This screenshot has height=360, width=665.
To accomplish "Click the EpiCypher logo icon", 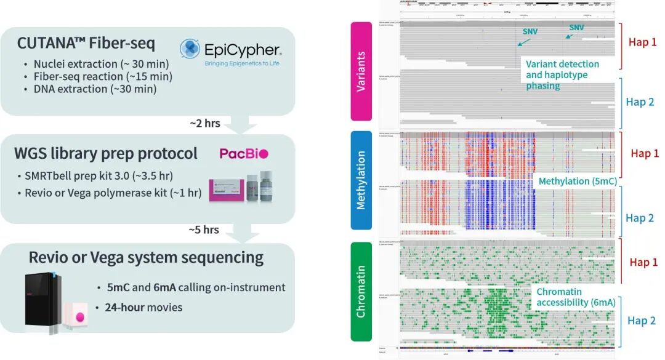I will click(x=191, y=49).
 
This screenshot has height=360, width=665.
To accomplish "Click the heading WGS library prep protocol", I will click(x=107, y=153).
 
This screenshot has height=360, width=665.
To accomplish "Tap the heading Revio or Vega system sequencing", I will click(x=146, y=257).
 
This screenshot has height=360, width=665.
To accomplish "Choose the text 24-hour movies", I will click(x=143, y=306).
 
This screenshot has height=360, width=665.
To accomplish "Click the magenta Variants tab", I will click(x=361, y=71).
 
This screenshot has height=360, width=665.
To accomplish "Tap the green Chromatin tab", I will click(x=361, y=291).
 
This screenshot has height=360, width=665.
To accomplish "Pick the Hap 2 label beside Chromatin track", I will click(x=640, y=321).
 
